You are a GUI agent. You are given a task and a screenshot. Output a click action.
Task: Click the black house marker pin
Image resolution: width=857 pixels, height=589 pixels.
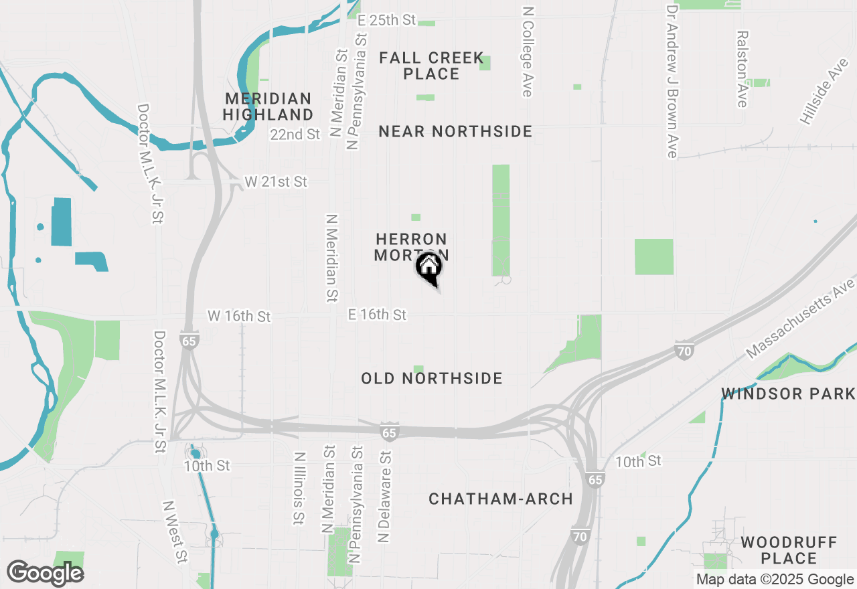click(428, 268)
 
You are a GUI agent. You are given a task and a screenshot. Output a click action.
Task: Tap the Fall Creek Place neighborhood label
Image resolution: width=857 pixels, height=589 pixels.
click(431, 66)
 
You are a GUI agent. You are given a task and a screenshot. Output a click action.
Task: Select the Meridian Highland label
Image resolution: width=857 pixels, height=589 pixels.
click(268, 106)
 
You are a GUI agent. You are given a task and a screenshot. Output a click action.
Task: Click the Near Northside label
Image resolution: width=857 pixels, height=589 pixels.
click(455, 131)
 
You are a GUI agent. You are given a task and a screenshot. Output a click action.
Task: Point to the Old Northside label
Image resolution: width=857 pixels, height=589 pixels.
click(432, 379)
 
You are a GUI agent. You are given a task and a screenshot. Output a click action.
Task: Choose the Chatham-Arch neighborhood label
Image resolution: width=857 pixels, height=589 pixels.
click(501, 499)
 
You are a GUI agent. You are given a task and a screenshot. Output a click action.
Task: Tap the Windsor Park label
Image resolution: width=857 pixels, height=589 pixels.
click(788, 394)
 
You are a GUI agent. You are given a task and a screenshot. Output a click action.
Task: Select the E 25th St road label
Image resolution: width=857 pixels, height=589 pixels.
click(387, 20)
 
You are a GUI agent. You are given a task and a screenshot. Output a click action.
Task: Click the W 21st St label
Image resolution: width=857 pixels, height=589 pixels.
click(275, 181)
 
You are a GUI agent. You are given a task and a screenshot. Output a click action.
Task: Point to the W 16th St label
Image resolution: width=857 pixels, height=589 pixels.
click(239, 315)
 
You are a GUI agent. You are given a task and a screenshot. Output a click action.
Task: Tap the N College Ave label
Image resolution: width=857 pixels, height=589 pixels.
click(528, 52)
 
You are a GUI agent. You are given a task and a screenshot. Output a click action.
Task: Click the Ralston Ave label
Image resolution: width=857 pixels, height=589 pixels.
click(742, 68)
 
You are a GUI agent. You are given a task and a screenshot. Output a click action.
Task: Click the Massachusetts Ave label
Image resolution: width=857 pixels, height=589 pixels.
click(801, 319)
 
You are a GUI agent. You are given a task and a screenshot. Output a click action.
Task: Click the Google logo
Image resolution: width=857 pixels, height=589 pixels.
click(46, 573)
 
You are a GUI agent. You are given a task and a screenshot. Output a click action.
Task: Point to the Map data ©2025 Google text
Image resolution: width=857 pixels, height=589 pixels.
click(775, 580)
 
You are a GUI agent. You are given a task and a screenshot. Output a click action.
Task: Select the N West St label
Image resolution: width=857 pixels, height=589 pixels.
click(175, 532)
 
